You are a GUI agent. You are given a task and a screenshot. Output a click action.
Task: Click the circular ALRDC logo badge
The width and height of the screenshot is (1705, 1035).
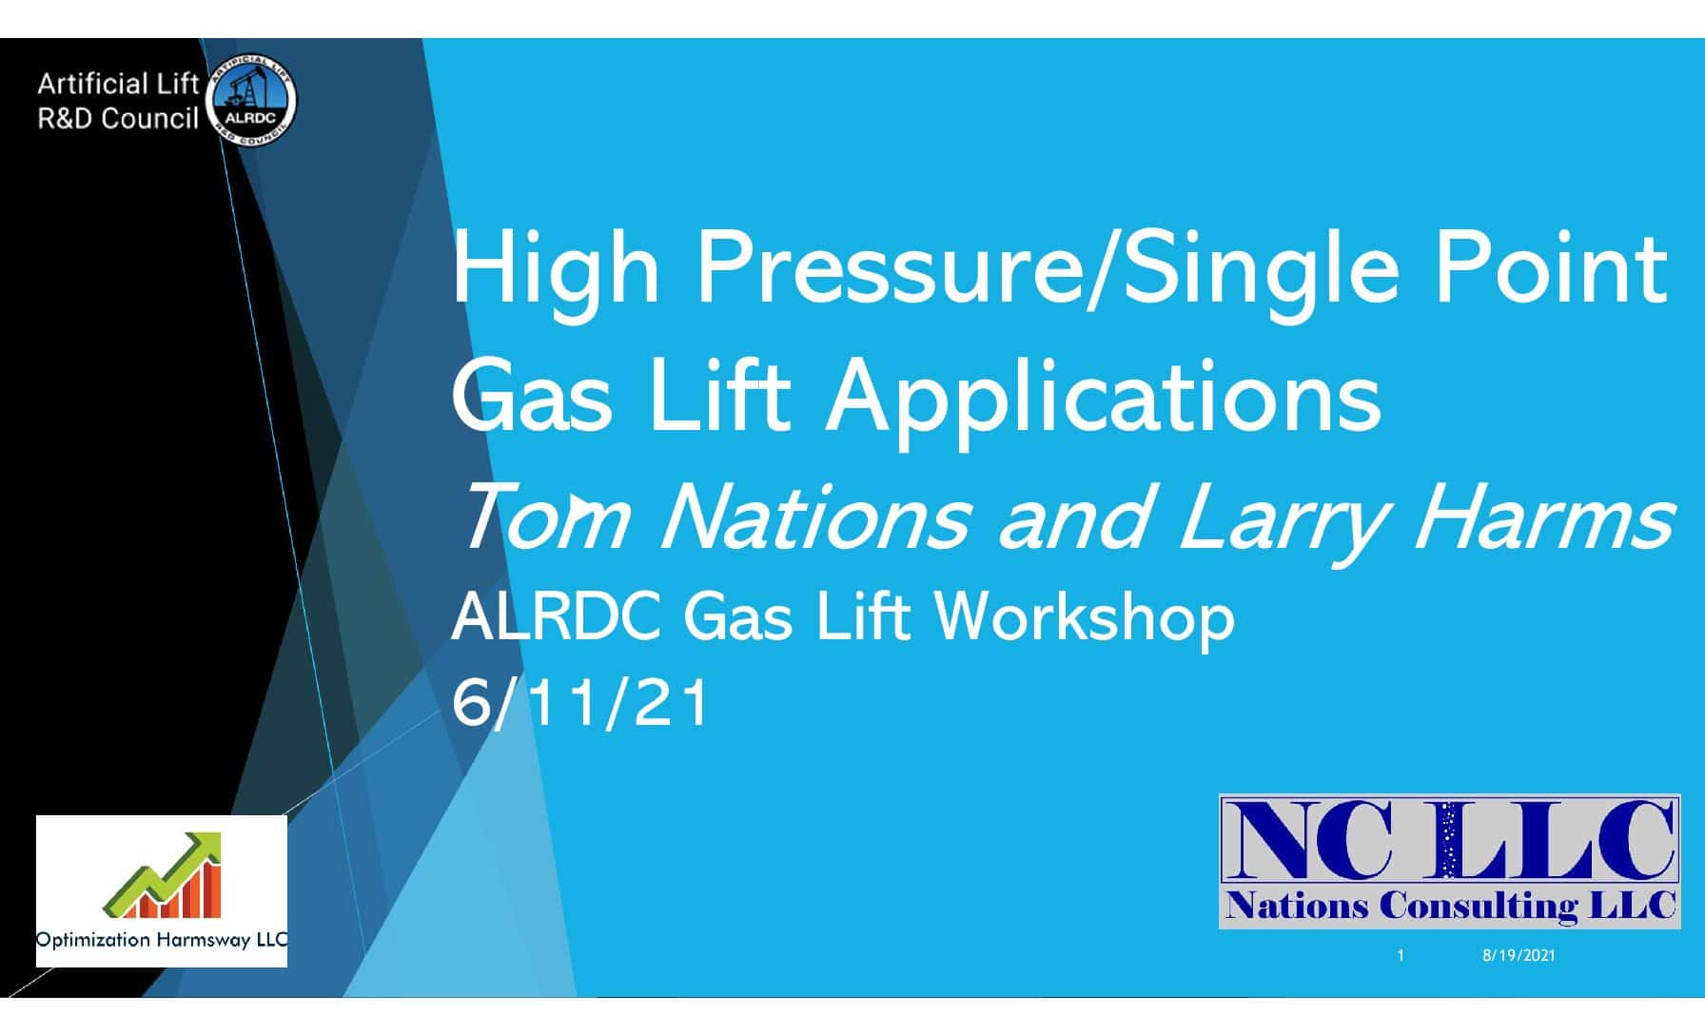coord(251,102)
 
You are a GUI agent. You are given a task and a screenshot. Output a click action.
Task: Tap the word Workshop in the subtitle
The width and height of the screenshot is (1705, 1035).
coord(1086,617)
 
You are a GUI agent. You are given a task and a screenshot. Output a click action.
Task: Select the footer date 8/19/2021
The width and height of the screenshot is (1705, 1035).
coord(1519,955)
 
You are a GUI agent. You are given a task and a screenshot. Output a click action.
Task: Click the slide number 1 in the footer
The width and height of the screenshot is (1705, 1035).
coord(1401,955)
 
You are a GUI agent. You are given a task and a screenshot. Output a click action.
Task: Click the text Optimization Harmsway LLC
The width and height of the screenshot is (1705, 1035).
coord(162,940)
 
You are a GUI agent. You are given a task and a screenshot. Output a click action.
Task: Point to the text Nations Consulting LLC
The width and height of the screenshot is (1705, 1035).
coord(1450,905)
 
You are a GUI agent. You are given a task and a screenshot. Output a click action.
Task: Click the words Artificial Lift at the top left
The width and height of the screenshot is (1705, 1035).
coord(118,85)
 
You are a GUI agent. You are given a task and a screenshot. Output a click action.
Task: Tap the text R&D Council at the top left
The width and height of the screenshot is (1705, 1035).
coord(118,119)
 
